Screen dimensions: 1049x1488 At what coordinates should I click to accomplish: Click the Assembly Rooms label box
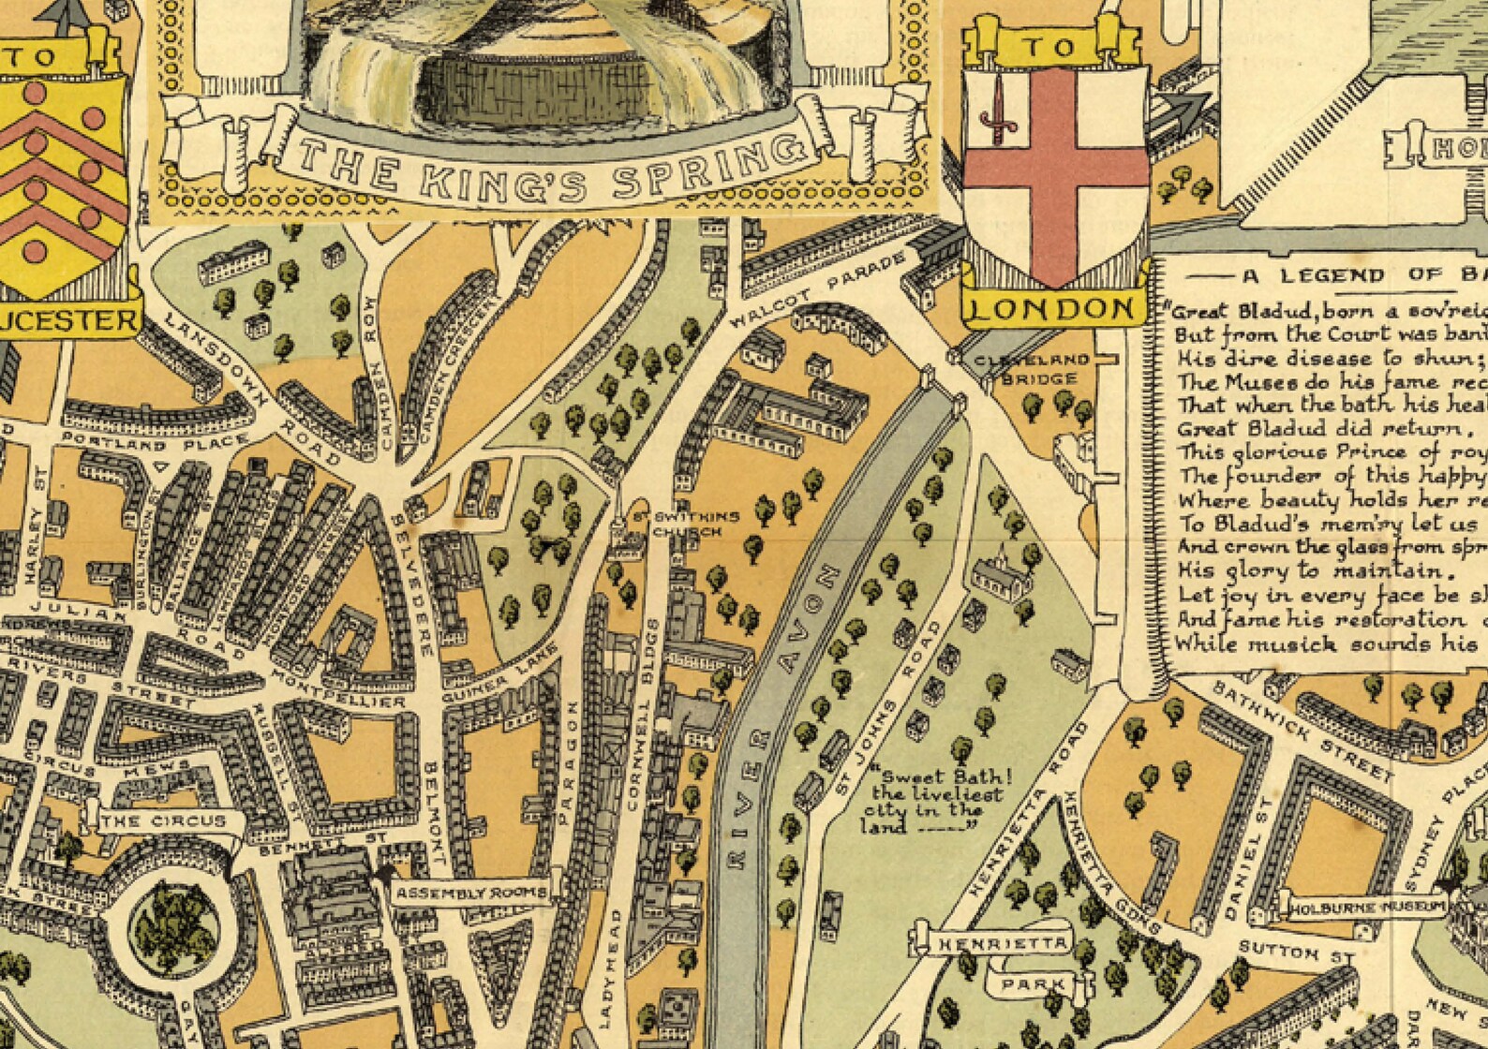(470, 893)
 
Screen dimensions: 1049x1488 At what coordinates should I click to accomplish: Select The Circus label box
(164, 821)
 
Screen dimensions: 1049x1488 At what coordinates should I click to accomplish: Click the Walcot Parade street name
(819, 288)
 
